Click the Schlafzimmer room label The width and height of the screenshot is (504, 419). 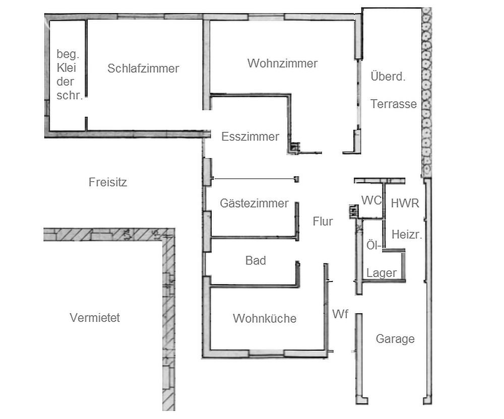click(143, 68)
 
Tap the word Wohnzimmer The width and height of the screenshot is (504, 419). click(283, 63)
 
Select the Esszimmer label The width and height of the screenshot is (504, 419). click(250, 137)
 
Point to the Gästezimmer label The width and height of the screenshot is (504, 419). click(254, 203)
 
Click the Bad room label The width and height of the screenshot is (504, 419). click(256, 260)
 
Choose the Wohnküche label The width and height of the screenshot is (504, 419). click(265, 318)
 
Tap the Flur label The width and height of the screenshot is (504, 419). click(323, 221)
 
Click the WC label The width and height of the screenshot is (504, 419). click(371, 200)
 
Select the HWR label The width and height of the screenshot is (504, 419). click(405, 203)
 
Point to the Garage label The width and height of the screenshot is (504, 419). click(395, 339)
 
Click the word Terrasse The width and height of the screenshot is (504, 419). click(394, 104)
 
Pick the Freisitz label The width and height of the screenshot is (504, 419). click(108, 182)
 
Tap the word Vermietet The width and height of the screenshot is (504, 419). click(95, 318)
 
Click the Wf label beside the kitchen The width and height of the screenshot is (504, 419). click(340, 314)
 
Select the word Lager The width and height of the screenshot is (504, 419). click(382, 273)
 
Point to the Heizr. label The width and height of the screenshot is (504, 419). click(407, 234)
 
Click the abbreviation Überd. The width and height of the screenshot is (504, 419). click(388, 77)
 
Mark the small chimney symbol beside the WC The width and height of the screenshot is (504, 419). click(354, 212)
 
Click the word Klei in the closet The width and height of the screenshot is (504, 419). click(66, 68)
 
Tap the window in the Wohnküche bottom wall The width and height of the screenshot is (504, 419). click(267, 354)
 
